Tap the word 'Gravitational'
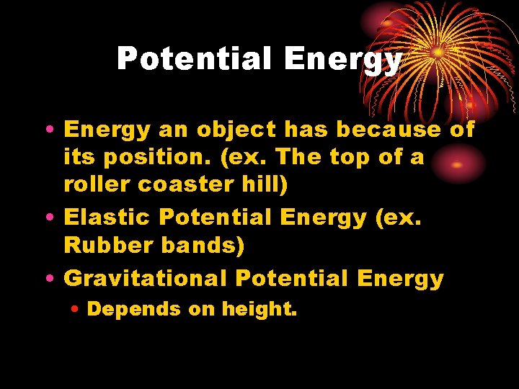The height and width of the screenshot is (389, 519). pyautogui.click(x=146, y=278)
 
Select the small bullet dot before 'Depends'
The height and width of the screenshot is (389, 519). pyautogui.click(x=77, y=310)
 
